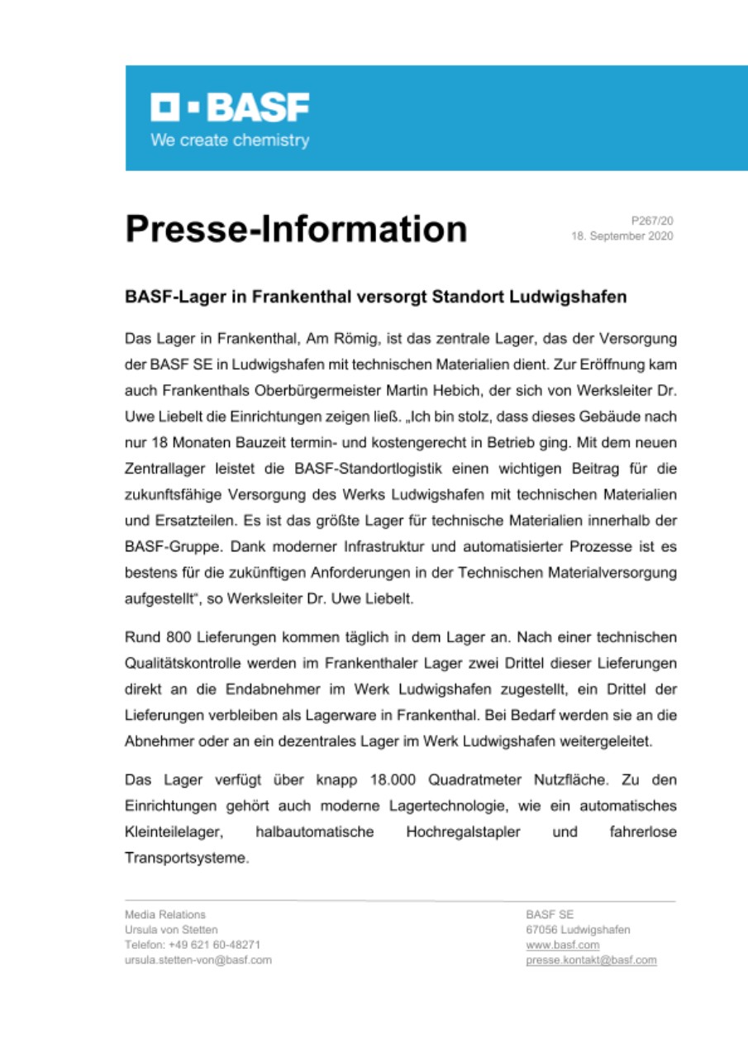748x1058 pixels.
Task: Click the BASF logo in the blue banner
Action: click(x=229, y=107)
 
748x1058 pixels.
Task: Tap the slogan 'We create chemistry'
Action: click(x=229, y=140)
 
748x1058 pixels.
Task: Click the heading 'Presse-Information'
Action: click(x=296, y=229)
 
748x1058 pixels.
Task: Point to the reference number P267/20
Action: click(x=652, y=221)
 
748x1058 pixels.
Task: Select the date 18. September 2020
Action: click(x=622, y=236)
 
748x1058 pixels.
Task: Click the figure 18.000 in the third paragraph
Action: click(x=390, y=779)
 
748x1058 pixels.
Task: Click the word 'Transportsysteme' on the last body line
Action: click(x=186, y=858)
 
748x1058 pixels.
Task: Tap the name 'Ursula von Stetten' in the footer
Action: click(x=171, y=930)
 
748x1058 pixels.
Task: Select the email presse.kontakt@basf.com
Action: click(x=591, y=960)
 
